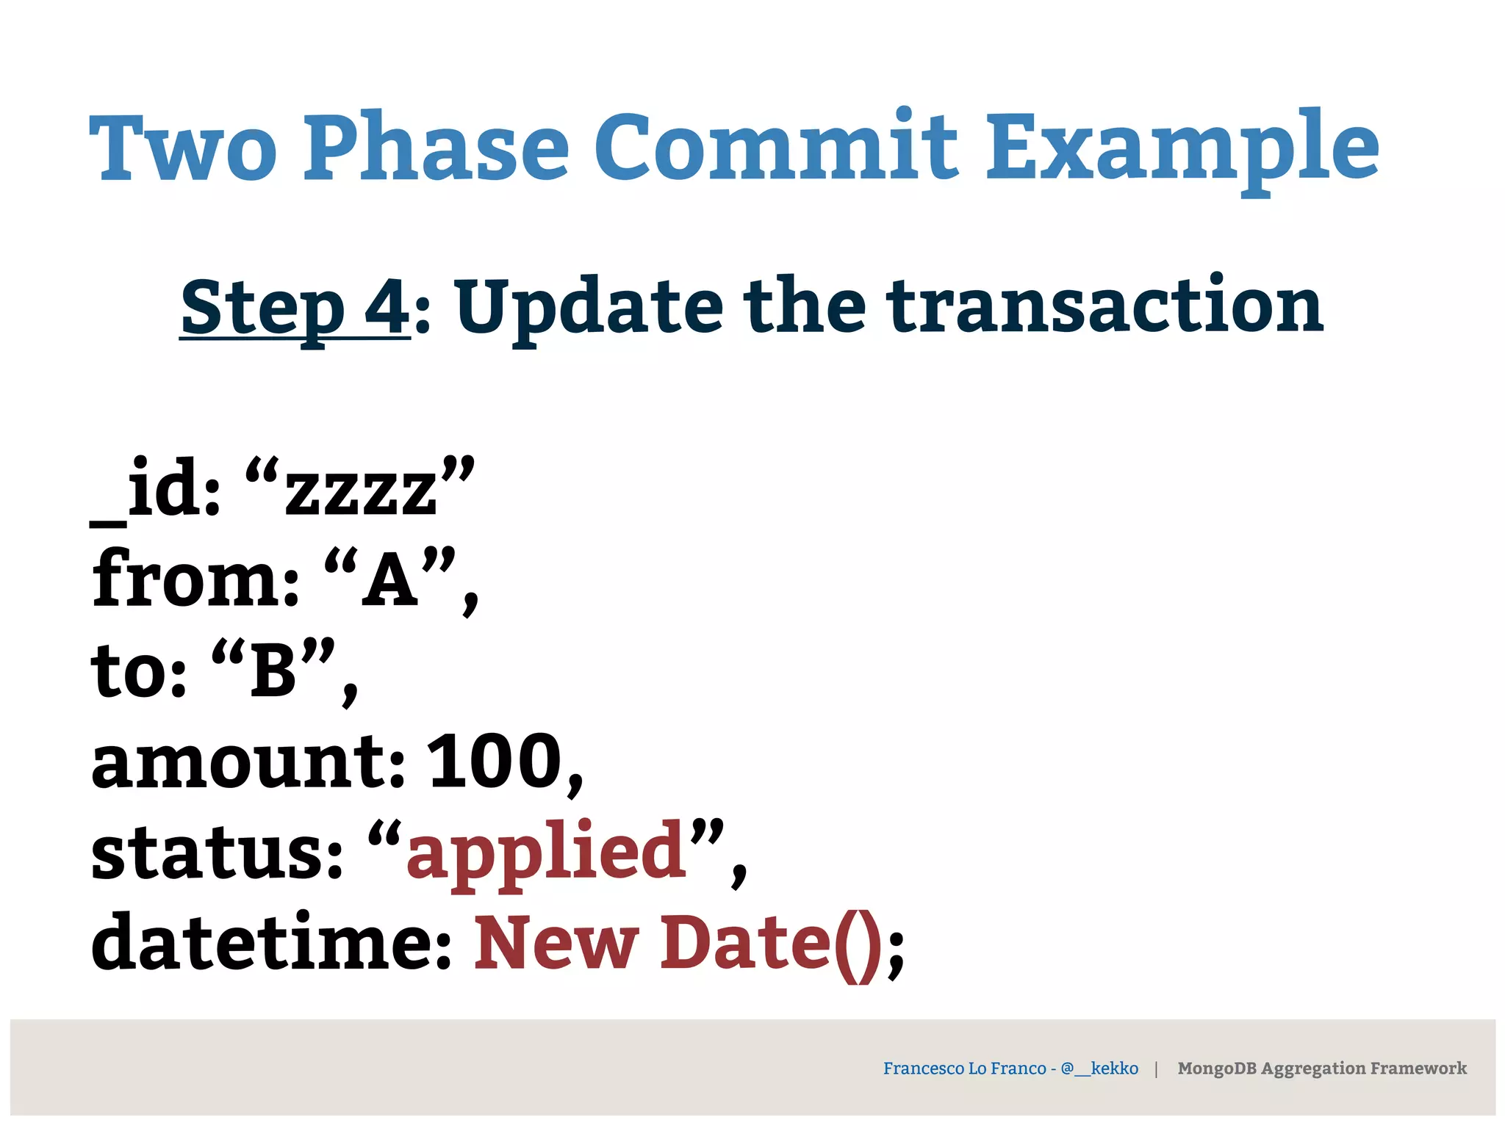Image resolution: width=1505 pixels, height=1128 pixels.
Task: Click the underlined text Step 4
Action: [x=295, y=307]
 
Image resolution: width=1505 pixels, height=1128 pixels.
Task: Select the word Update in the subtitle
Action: [x=589, y=307]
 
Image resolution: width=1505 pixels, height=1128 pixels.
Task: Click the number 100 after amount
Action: [x=495, y=762]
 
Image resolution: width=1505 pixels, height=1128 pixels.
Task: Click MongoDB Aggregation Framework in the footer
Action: [x=1321, y=1069]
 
